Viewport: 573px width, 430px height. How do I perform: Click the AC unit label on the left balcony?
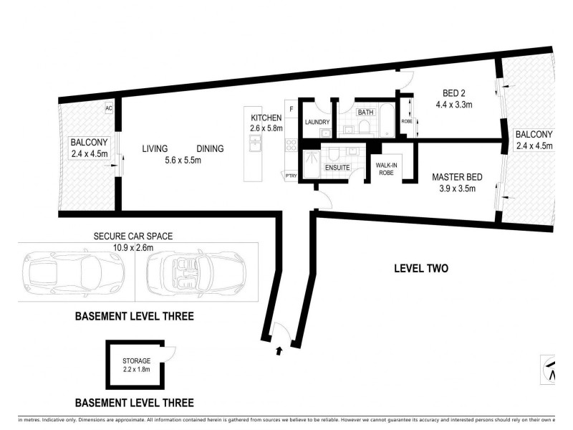[x=110, y=108]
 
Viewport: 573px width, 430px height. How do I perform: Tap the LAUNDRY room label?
[x=316, y=123]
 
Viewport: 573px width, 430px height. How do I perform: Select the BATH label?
[x=365, y=113]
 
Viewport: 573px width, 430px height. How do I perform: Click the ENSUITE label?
[x=337, y=167]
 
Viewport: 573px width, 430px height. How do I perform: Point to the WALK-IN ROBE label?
[x=387, y=168]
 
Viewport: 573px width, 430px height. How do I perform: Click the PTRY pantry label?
[x=292, y=175]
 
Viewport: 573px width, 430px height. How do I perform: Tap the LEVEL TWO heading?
[x=421, y=269]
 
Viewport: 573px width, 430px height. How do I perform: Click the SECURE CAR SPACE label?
[x=134, y=236]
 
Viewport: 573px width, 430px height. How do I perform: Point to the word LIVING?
[x=155, y=149]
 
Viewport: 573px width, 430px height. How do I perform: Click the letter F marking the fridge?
[x=291, y=109]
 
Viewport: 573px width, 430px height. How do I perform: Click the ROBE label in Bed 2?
[x=407, y=121]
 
